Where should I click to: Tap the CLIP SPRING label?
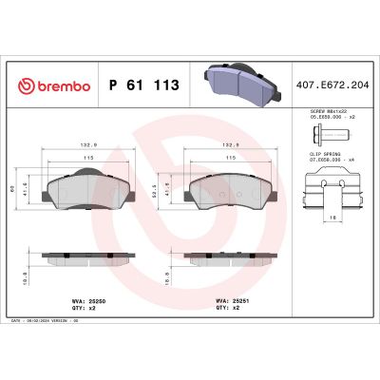328,155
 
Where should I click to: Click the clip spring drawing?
331,187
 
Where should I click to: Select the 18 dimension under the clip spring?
332,217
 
